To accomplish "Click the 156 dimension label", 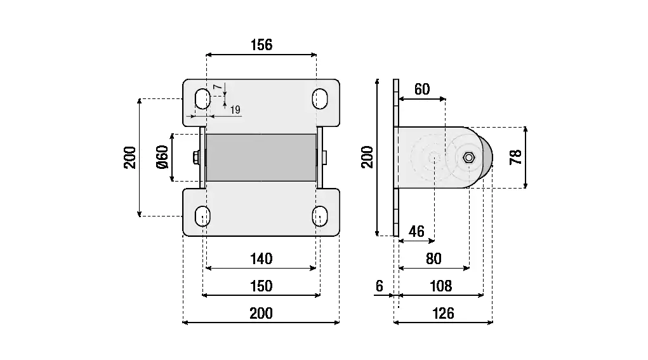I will [x=261, y=45].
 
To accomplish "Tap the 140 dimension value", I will [x=261, y=258].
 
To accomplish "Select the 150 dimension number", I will [x=261, y=286].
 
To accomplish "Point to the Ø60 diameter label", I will [x=162, y=157].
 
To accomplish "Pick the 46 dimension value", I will [x=416, y=231].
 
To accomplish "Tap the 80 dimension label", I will [x=433, y=258].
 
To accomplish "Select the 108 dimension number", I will [x=441, y=286].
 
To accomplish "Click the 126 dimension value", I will [x=442, y=313].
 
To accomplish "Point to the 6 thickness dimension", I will [x=380, y=286].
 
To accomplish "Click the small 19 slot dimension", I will [x=235, y=110].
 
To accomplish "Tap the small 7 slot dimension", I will [x=216, y=86].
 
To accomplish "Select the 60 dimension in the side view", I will [x=422, y=90].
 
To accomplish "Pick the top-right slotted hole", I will [x=320, y=98].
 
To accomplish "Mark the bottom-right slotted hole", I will [x=320, y=216].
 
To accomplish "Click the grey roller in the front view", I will [x=261, y=157].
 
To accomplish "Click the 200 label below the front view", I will [x=261, y=313].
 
